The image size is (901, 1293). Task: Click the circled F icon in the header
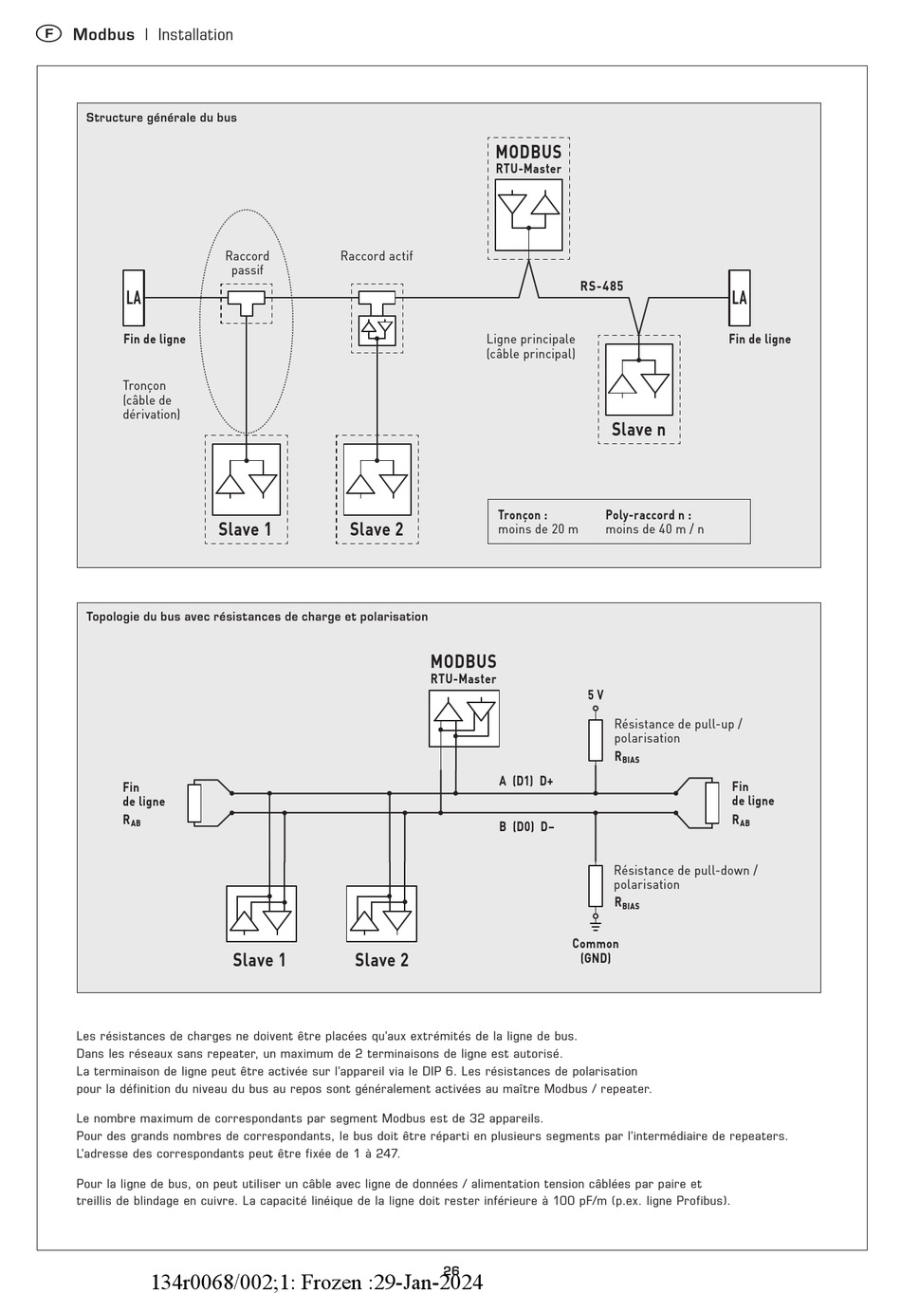click(x=48, y=34)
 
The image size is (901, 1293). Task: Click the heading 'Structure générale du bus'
click(x=161, y=118)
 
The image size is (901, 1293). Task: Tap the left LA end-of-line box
click(x=134, y=298)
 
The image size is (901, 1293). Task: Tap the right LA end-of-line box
click(x=739, y=298)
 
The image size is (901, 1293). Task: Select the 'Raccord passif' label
click(x=248, y=263)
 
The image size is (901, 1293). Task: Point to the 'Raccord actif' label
click(x=377, y=256)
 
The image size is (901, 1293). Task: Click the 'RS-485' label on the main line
click(x=602, y=286)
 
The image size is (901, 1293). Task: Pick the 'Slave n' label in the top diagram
click(x=638, y=430)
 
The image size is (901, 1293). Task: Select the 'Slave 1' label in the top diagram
click(x=245, y=529)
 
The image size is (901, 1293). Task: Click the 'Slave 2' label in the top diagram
click(x=377, y=529)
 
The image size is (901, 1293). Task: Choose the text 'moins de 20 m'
click(x=538, y=529)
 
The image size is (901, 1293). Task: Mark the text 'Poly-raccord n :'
click(x=649, y=515)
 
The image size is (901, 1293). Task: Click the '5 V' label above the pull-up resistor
click(x=596, y=695)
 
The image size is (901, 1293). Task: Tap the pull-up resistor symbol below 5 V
click(x=596, y=740)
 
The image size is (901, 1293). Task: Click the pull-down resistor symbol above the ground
click(x=596, y=885)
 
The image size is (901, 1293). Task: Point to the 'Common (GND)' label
click(x=596, y=951)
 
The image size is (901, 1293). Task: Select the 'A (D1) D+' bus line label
click(x=526, y=781)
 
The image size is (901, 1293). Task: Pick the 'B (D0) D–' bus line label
click(x=526, y=826)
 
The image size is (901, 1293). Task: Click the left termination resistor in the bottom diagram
click(x=194, y=803)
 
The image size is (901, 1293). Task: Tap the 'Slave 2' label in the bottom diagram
click(x=381, y=960)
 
